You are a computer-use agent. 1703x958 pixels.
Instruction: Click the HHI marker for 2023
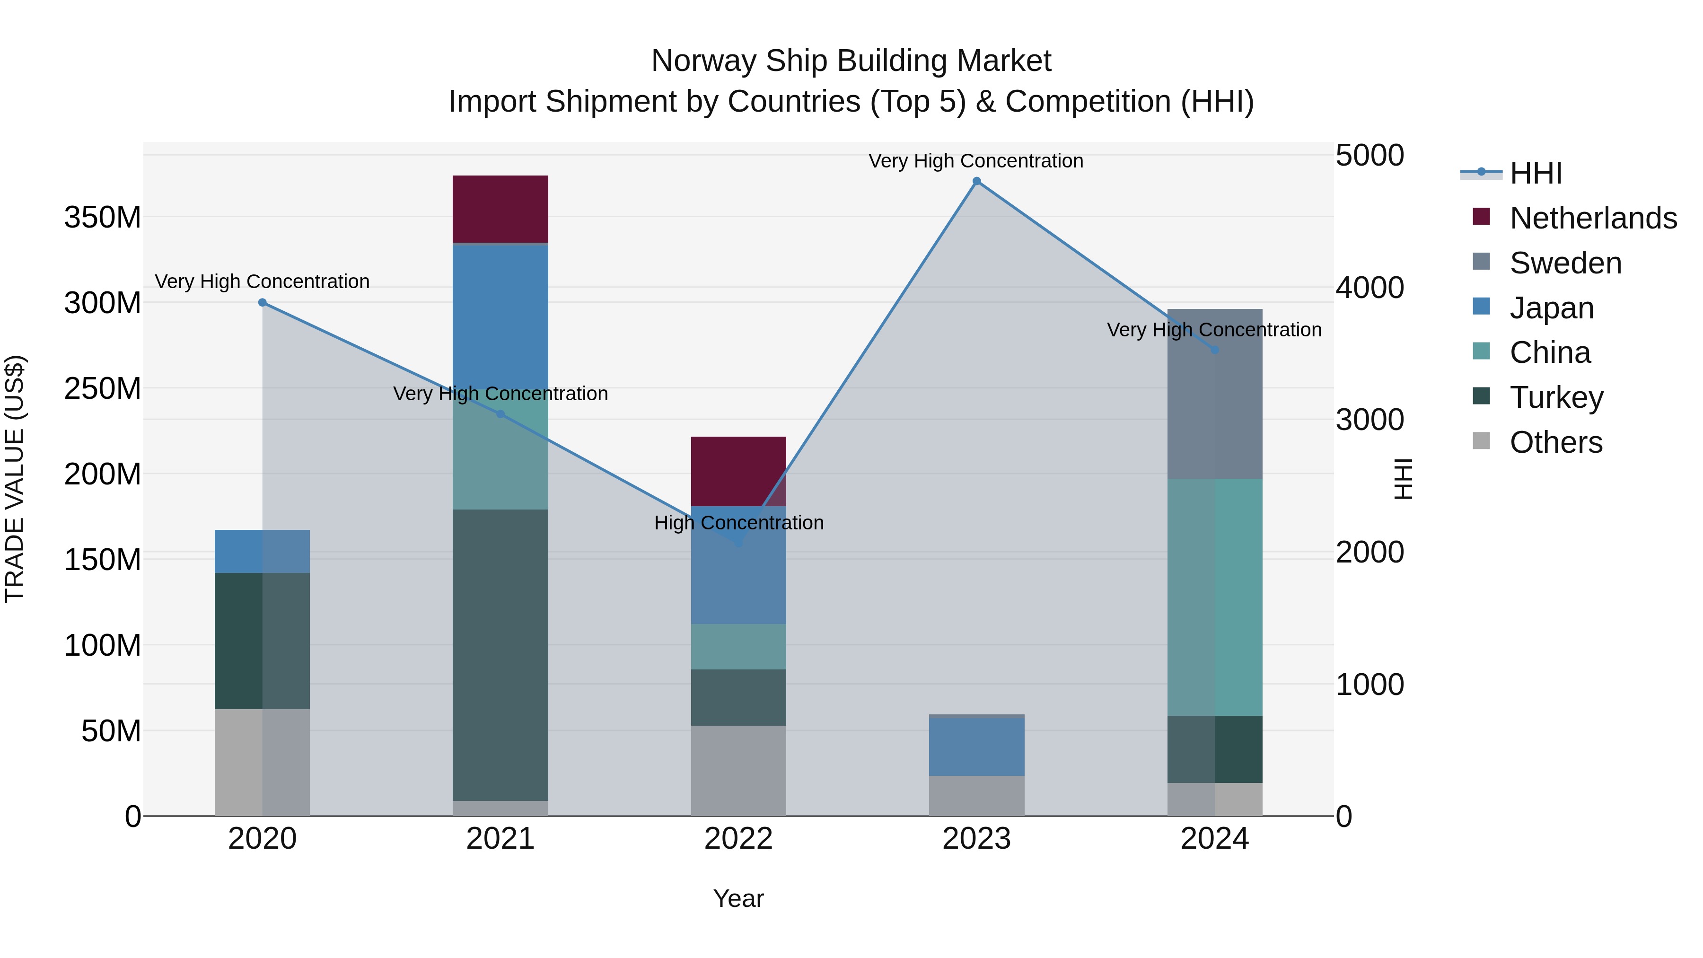click(976, 181)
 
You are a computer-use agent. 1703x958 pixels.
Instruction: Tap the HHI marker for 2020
click(263, 303)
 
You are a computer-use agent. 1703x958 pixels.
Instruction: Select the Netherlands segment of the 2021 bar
click(500, 209)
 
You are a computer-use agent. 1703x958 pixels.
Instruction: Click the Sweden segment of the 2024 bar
click(1214, 394)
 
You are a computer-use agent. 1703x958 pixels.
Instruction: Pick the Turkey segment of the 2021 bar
click(500, 655)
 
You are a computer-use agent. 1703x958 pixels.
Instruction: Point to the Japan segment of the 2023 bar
click(976, 746)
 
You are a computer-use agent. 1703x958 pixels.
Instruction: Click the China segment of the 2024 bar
click(1214, 597)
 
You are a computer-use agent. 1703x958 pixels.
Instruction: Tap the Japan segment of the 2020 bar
click(263, 552)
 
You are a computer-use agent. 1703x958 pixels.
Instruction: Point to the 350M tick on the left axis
click(103, 217)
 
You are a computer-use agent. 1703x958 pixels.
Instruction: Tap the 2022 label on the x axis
click(738, 839)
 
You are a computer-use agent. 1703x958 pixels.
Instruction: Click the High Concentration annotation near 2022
click(738, 523)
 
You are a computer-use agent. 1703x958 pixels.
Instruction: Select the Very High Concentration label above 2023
click(976, 161)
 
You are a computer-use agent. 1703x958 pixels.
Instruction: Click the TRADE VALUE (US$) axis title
click(15, 479)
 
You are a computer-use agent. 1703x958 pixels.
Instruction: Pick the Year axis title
click(738, 898)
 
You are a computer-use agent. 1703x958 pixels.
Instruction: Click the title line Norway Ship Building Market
click(851, 61)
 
